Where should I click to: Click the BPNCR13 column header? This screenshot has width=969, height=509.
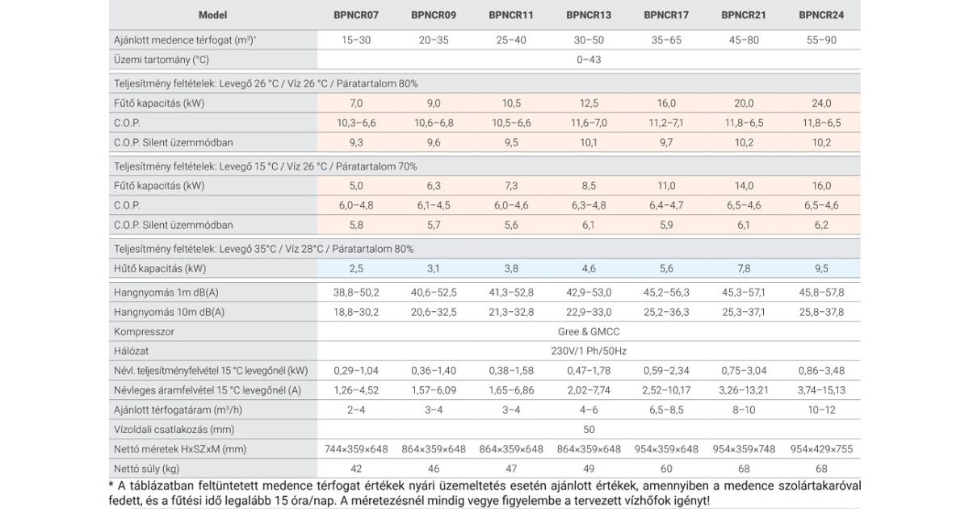click(x=589, y=15)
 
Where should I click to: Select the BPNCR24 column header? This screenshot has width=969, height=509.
click(x=821, y=15)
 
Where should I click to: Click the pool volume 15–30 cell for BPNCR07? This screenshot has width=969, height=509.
click(x=356, y=40)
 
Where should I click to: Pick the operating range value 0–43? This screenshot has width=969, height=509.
click(x=589, y=59)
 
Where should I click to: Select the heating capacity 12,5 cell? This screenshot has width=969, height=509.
click(x=589, y=103)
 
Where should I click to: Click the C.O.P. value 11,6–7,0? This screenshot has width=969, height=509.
click(x=589, y=123)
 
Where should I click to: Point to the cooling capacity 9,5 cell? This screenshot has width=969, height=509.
click(x=821, y=267)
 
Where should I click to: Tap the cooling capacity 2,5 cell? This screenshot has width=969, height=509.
click(x=356, y=267)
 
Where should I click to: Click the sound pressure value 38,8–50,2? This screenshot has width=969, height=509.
click(x=356, y=292)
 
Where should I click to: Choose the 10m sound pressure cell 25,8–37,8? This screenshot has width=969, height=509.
click(x=821, y=312)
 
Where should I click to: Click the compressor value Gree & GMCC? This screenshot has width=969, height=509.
click(x=589, y=331)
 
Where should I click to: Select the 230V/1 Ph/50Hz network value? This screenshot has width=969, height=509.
click(x=589, y=351)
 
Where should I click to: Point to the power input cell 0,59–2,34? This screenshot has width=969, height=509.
click(x=666, y=371)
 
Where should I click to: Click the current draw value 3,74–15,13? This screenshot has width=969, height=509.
click(x=821, y=390)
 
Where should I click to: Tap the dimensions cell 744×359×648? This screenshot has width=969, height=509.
click(x=356, y=449)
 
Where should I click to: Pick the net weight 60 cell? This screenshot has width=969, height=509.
click(x=666, y=469)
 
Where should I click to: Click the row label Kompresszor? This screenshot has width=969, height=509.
click(x=145, y=331)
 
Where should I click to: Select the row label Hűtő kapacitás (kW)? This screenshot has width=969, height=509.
click(x=158, y=267)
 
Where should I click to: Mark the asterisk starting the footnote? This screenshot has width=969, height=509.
click(x=111, y=485)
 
